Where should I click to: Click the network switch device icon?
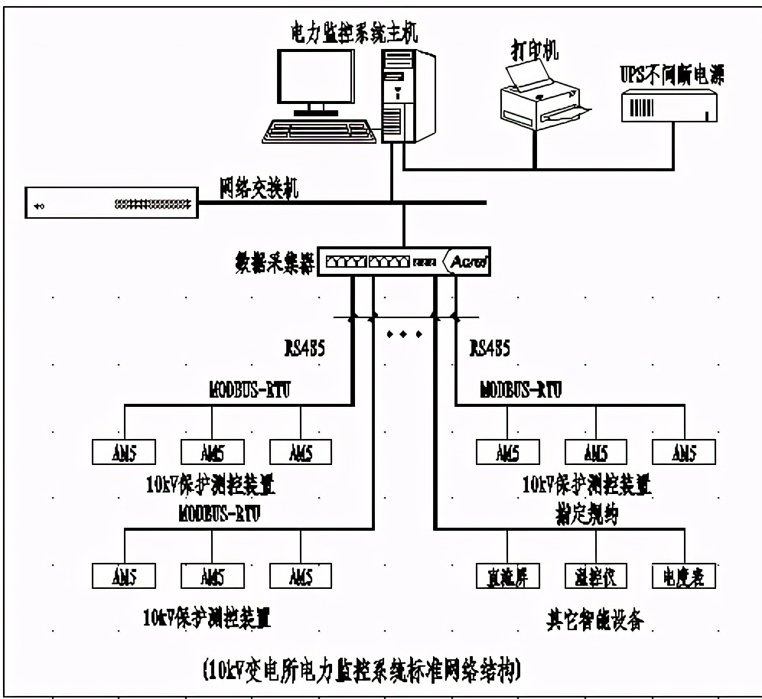click(x=111, y=203)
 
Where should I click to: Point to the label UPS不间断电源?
click(x=672, y=74)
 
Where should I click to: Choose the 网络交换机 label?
click(x=259, y=190)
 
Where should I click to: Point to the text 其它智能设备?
click(x=595, y=620)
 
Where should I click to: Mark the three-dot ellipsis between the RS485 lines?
click(x=403, y=334)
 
